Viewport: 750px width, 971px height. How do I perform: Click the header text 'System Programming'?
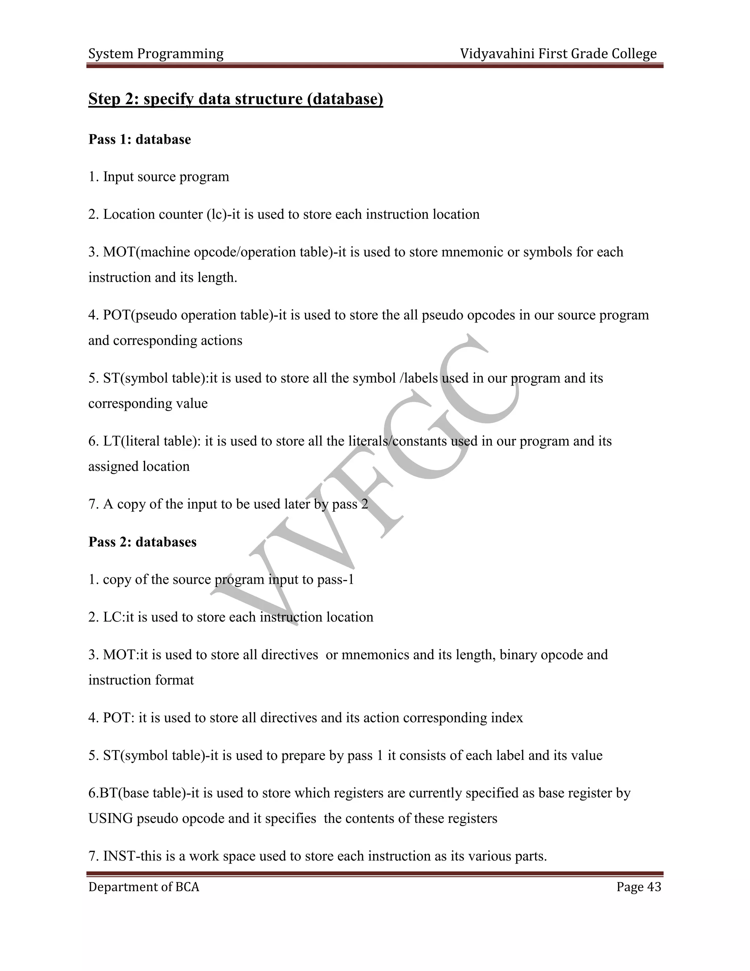click(156, 54)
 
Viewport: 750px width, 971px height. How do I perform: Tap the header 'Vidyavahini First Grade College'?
click(558, 54)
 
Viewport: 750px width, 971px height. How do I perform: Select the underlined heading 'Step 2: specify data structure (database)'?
click(235, 99)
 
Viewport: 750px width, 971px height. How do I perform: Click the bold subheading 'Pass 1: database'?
click(140, 139)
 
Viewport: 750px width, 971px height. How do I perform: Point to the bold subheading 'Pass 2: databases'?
click(142, 542)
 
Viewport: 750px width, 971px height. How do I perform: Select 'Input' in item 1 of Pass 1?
click(119, 177)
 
